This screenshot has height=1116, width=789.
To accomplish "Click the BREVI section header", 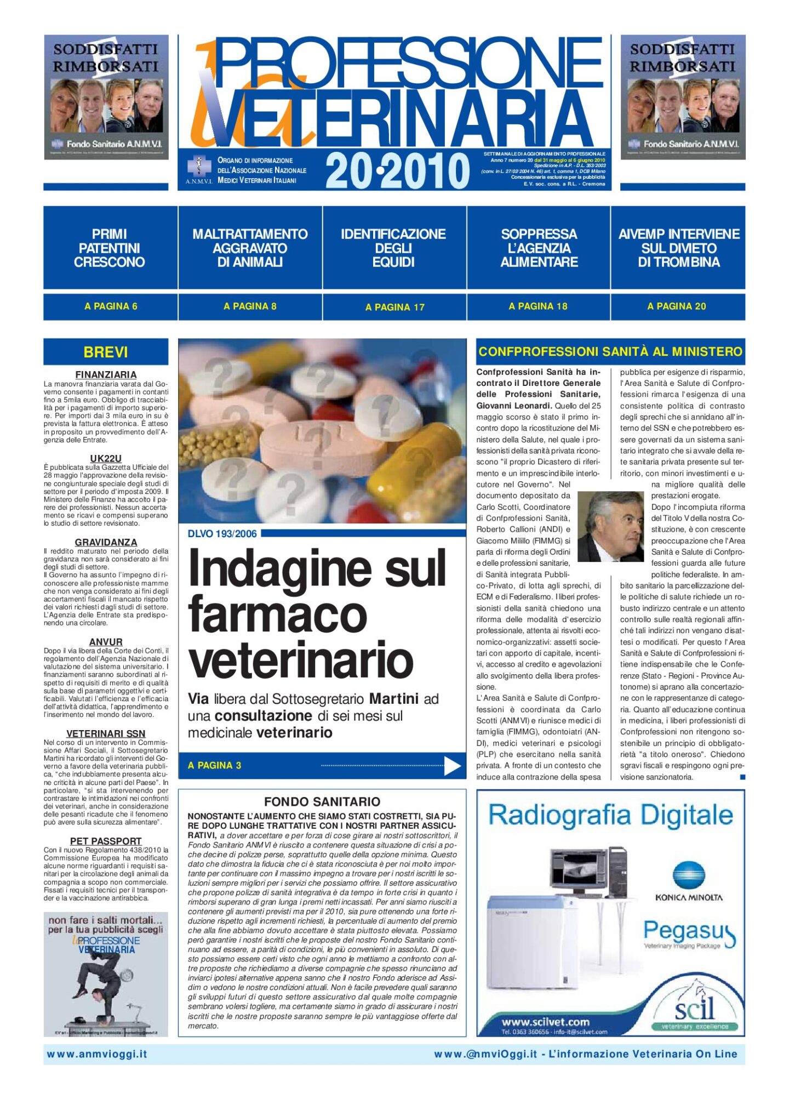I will [x=106, y=352].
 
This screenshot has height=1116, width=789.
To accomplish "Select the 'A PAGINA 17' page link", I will [x=395, y=307].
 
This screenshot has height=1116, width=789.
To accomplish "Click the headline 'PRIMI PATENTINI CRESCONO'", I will [x=110, y=248].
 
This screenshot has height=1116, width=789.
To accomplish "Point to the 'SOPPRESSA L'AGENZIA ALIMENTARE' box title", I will [x=539, y=248].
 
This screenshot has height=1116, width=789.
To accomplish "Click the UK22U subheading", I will [x=106, y=458].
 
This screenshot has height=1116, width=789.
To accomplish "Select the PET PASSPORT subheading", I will [x=106, y=841].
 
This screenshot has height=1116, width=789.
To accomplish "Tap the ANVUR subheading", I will [x=106, y=642].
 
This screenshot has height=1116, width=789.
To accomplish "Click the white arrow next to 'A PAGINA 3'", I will [x=452, y=766].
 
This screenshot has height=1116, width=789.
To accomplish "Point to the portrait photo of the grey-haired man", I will [x=610, y=526].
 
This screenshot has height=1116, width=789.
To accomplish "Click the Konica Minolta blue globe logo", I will [x=689, y=875].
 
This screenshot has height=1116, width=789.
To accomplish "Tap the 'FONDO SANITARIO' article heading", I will [x=322, y=801].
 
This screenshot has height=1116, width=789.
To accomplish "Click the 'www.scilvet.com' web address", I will [x=545, y=1022].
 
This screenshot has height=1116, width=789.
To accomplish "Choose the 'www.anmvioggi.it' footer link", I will [x=97, y=1054].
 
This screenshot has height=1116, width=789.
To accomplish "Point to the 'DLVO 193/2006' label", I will [x=222, y=534].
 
